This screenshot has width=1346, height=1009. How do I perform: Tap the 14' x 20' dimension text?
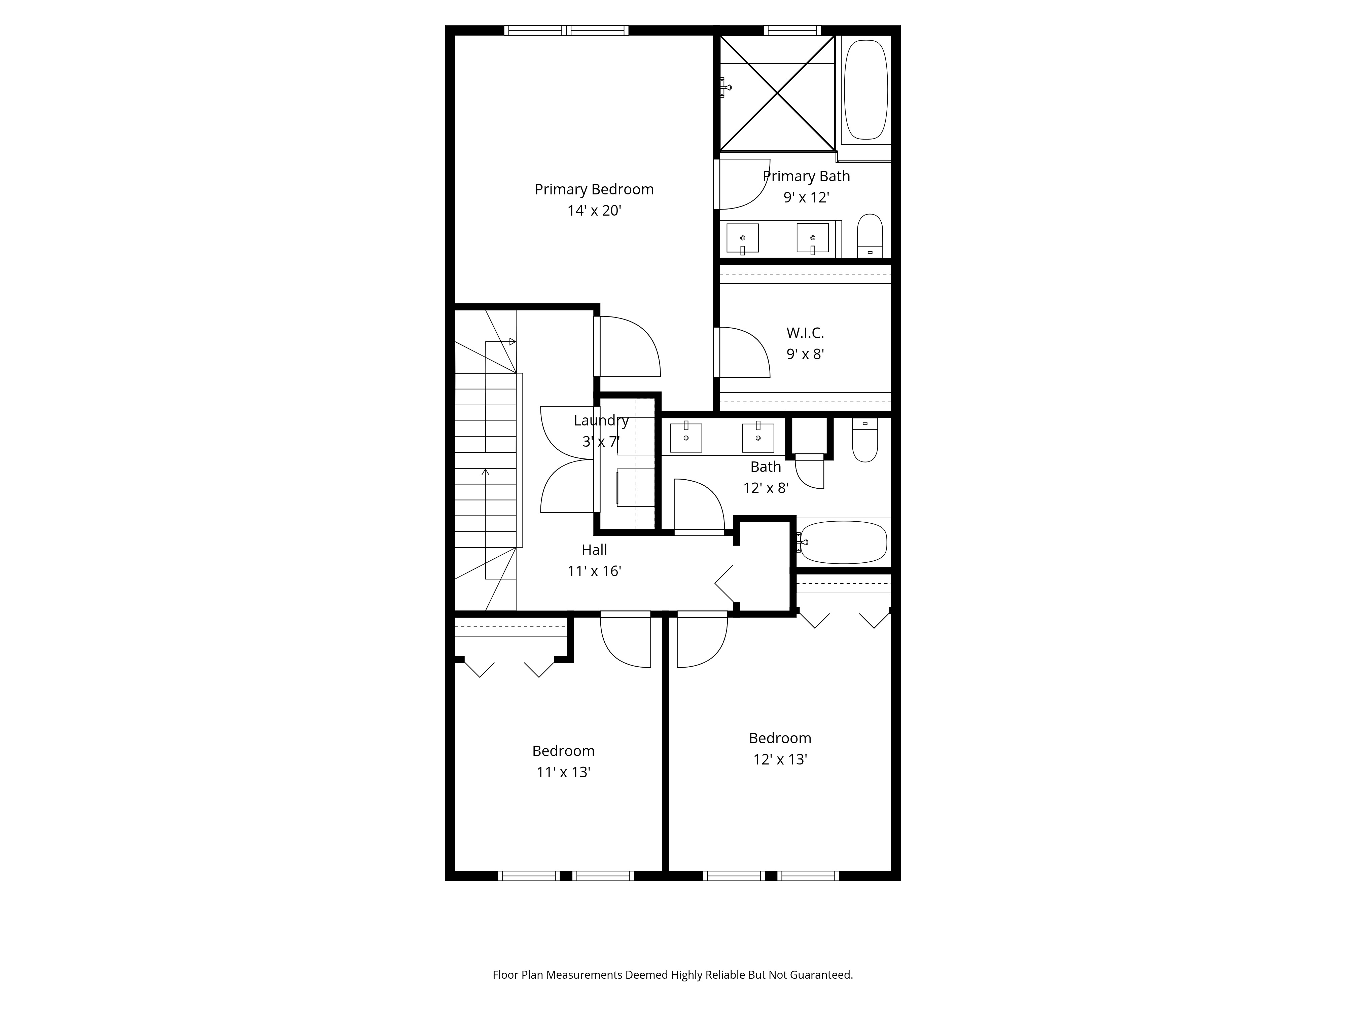(x=594, y=211)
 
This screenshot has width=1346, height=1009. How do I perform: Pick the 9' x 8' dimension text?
(x=805, y=354)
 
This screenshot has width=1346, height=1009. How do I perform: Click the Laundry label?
(x=601, y=420)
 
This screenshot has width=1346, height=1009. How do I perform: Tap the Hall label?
(x=594, y=550)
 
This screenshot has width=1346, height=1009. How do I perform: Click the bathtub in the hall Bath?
(x=843, y=542)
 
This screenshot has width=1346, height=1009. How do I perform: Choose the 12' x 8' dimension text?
(x=766, y=488)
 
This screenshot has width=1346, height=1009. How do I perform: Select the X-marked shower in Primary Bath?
(x=778, y=93)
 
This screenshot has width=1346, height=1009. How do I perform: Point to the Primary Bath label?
(x=806, y=176)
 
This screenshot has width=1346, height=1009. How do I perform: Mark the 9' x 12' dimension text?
(x=806, y=197)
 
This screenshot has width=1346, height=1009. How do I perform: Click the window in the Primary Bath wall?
(x=792, y=30)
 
